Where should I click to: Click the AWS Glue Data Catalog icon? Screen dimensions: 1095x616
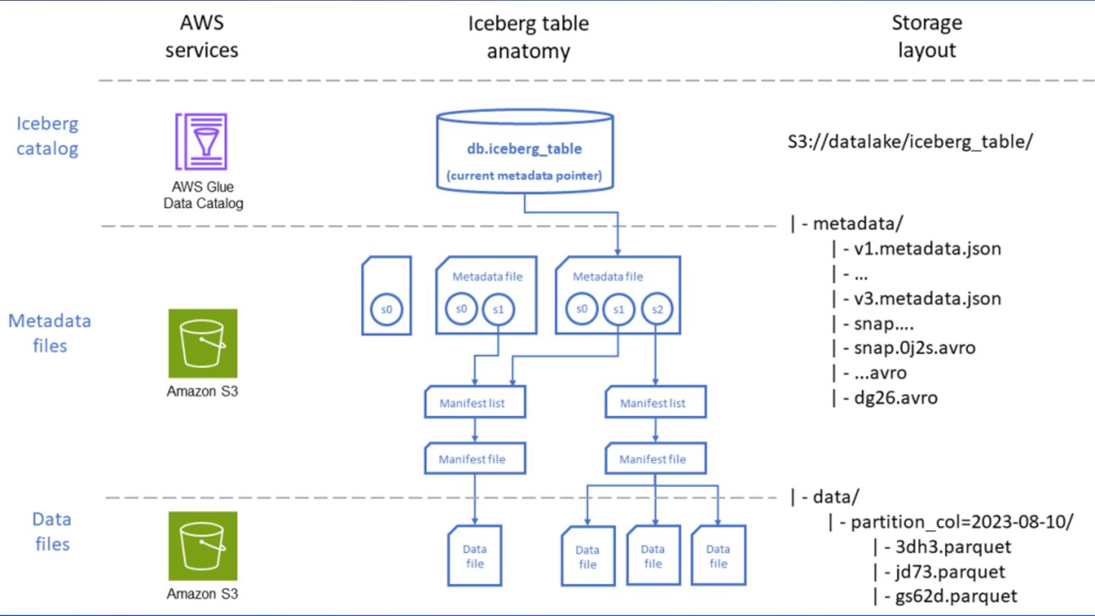[202, 141]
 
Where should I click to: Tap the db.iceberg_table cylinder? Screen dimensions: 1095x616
[525, 151]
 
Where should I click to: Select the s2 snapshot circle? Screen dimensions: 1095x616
[657, 309]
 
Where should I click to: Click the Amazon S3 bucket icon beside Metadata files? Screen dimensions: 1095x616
[203, 343]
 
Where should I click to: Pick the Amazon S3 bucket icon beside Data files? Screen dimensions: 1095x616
[203, 546]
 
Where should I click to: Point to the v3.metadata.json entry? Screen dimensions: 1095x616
[928, 298]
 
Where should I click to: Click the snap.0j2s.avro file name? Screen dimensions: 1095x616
[915, 348]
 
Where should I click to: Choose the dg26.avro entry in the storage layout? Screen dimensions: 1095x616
[896, 398]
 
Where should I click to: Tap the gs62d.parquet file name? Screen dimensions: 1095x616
[956, 596]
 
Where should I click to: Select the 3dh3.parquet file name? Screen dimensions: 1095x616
[954, 547]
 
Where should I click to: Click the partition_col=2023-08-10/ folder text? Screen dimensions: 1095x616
[962, 522]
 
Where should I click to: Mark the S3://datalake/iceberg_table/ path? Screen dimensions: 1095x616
[910, 141]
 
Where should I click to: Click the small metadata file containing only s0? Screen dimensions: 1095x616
[386, 296]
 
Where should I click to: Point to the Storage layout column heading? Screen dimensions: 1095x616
[927, 37]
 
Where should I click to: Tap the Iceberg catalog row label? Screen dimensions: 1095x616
[47, 136]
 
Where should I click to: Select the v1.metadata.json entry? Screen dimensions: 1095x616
[928, 249]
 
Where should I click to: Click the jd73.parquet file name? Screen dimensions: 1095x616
[951, 572]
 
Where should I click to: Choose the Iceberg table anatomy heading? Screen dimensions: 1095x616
[528, 37]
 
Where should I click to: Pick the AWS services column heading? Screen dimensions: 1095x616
[202, 37]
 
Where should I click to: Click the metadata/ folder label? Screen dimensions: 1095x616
[858, 224]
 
